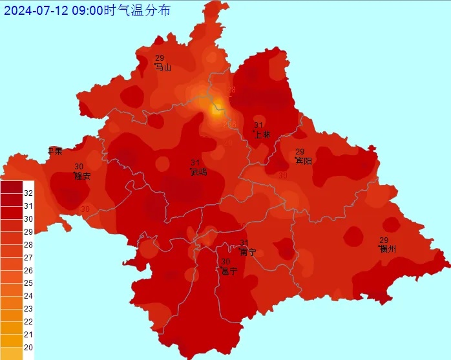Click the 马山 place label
point(163,67)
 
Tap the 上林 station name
point(262,134)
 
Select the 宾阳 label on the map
point(303,161)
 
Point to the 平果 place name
point(55,151)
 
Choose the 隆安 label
point(82,176)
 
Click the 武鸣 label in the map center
point(198,172)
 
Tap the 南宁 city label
point(247,252)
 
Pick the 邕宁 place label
point(229,271)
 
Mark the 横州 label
point(388,249)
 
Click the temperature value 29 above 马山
point(160,58)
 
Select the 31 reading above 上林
point(258,125)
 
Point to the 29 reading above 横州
point(384,240)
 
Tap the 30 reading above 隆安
point(79,167)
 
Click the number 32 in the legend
point(28,193)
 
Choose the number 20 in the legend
point(28,347)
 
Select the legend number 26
point(28,270)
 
